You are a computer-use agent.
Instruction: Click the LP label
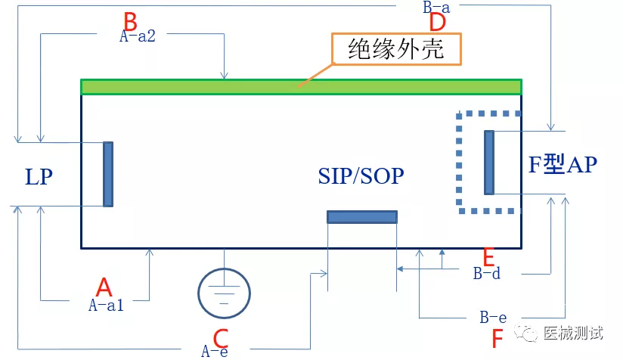(x=39, y=177)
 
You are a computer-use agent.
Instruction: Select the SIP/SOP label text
(x=361, y=175)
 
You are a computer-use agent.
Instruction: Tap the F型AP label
(x=563, y=163)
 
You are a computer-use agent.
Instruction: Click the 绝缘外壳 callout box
(x=396, y=49)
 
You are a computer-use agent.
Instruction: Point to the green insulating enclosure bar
(x=301, y=87)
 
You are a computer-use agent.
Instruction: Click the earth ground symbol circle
(x=224, y=293)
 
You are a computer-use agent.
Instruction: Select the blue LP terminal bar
(x=108, y=174)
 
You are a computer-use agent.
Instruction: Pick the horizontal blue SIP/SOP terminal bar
(x=362, y=216)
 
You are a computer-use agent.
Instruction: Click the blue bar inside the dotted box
(x=489, y=163)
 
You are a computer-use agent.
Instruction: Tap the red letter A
(x=104, y=287)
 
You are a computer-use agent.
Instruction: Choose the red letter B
(x=130, y=21)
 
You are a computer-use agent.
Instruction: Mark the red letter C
(x=221, y=338)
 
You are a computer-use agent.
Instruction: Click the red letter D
(x=438, y=22)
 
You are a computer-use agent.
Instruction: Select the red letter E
(x=488, y=256)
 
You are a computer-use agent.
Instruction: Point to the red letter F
(x=497, y=339)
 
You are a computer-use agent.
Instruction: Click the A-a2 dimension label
(x=138, y=36)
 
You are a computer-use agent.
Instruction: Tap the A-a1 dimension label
(x=106, y=305)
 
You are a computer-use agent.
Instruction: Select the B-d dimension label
(x=487, y=273)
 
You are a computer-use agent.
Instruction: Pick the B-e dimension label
(x=493, y=317)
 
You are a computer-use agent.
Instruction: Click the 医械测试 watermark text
(x=573, y=333)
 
